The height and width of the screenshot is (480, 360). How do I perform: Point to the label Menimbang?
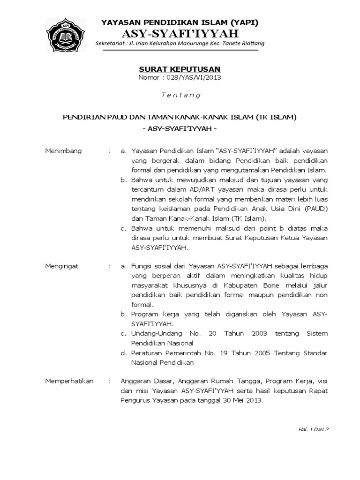pyautogui.click(x=63, y=151)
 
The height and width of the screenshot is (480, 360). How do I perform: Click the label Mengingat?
pyautogui.click(x=62, y=266)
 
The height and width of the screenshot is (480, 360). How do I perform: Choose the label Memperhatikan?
pyautogui.click(x=69, y=381)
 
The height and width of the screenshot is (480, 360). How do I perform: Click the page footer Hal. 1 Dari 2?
pyautogui.click(x=314, y=429)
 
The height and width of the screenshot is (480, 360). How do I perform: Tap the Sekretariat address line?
pyautogui.click(x=180, y=44)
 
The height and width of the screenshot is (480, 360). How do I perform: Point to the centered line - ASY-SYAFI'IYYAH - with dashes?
pyautogui.click(x=180, y=128)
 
